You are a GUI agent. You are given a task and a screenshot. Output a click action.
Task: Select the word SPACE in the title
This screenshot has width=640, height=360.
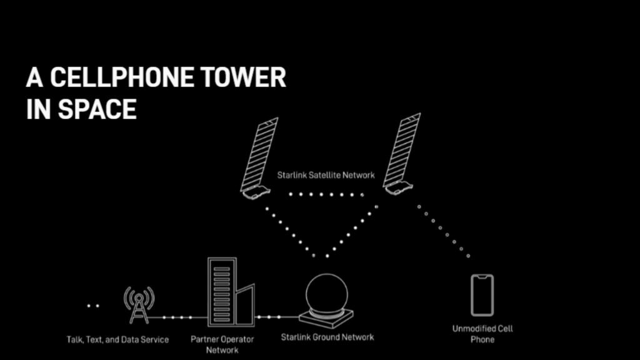(x=97, y=109)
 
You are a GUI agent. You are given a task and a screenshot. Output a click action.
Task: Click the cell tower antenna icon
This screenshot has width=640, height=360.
(x=139, y=305)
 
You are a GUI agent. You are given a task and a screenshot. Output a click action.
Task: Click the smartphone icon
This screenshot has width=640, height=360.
(x=482, y=294)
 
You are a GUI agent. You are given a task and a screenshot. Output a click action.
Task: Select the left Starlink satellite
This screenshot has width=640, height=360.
(x=258, y=159)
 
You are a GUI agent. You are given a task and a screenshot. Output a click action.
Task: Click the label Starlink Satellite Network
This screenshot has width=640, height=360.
(x=326, y=176)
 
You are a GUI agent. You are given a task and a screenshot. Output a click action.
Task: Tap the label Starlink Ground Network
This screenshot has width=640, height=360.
(x=327, y=337)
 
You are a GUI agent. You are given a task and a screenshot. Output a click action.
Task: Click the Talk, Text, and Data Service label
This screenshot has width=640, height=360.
(x=117, y=340)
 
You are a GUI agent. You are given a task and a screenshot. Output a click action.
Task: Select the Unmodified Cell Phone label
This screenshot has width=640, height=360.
(x=482, y=334)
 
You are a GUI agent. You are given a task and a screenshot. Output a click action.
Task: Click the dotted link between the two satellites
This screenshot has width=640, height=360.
(x=326, y=194)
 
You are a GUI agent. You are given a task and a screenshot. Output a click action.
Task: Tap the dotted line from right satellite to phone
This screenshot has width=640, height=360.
(x=443, y=231)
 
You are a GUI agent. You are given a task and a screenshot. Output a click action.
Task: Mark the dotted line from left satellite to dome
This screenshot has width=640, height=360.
(x=288, y=229)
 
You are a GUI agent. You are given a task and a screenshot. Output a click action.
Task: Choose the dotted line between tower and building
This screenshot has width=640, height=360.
(x=177, y=317)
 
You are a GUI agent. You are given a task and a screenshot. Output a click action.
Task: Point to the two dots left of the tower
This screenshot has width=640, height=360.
(x=93, y=306)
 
